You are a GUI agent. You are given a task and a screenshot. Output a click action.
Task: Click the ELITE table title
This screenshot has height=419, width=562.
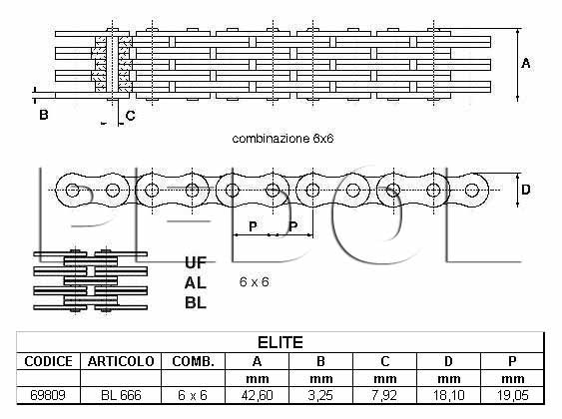click(x=281, y=343)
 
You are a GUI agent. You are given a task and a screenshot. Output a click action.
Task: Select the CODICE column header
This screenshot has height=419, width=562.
click(x=48, y=361)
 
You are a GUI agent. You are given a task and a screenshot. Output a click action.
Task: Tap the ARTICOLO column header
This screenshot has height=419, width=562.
click(x=121, y=361)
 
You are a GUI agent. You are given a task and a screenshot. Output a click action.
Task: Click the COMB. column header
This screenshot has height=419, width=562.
click(x=194, y=361)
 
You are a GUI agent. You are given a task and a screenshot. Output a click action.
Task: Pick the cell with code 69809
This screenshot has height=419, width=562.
click(x=48, y=395)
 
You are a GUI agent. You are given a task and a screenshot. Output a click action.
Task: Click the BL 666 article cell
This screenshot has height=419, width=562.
click(x=121, y=395)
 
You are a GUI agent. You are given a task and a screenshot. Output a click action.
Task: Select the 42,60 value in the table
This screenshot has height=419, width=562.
click(x=257, y=395)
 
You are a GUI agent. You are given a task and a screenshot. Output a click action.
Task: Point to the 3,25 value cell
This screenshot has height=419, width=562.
click(x=320, y=395)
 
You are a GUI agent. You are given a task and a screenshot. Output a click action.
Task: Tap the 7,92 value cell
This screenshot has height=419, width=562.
click(x=384, y=395)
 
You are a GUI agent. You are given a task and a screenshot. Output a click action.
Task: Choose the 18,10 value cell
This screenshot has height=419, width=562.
click(x=449, y=395)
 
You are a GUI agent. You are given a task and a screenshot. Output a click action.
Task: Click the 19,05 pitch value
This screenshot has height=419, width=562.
click(x=512, y=395)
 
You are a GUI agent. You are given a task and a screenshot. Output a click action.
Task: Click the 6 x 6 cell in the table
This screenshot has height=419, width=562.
click(x=193, y=395)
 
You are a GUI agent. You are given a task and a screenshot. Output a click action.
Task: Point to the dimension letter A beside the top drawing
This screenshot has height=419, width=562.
click(x=526, y=64)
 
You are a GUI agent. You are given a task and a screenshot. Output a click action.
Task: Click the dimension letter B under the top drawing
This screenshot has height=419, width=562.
click(x=43, y=115)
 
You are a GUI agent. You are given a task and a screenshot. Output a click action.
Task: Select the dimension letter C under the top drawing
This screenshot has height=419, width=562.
click(x=130, y=116)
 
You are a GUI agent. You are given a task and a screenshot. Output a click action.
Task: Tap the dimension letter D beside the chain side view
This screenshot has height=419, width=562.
click(x=525, y=190)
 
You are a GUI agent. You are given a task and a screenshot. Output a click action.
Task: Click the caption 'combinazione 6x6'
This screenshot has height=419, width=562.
click(x=282, y=139)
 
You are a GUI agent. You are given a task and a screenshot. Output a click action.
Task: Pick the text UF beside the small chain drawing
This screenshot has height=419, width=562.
click(x=196, y=262)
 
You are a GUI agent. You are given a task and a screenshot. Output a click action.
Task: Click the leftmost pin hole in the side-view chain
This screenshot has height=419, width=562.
click(x=73, y=191)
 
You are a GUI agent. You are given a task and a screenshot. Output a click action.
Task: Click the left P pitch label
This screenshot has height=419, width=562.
click(x=253, y=226)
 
